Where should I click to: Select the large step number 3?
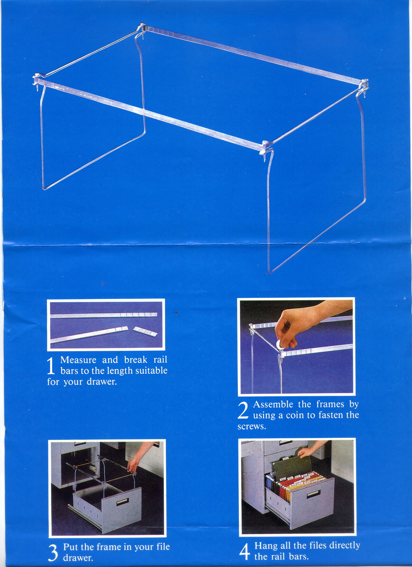pyautogui.click(x=53, y=553)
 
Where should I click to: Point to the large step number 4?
pyautogui.click(x=245, y=552)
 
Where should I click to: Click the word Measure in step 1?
pyautogui.click(x=78, y=360)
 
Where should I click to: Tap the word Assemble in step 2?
pyautogui.click(x=273, y=404)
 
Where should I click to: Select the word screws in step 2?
pyautogui.click(x=252, y=427)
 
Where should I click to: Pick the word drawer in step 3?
pyautogui.click(x=78, y=558)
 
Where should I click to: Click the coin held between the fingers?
pyautogui.click(x=280, y=344)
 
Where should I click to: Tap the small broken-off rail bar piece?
pyautogui.click(x=145, y=331)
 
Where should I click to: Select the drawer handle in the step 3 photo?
pyautogui.click(x=122, y=501)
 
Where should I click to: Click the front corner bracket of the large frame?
pyautogui.click(x=266, y=148)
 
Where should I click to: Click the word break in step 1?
pyautogui.click(x=136, y=360)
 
